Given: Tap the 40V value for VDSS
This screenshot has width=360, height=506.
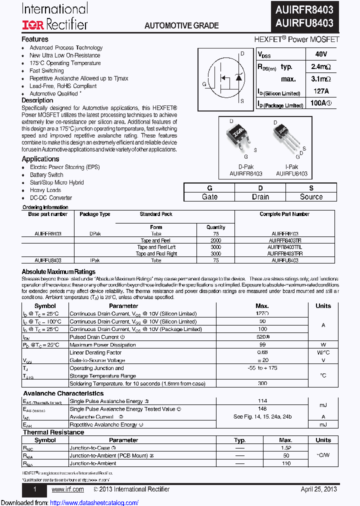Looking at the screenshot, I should click(x=321, y=54).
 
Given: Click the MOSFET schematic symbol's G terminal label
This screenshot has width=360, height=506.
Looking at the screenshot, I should click(x=204, y=84).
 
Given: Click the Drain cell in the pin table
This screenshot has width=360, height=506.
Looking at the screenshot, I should click(x=260, y=197).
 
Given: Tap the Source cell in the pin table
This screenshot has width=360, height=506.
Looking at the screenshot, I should click(x=311, y=197).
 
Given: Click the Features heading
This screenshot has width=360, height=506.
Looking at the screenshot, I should click(x=35, y=39).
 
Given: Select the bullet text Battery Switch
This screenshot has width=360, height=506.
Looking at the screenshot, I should click(x=46, y=175).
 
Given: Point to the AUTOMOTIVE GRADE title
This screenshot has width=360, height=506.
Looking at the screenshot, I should click(x=181, y=25).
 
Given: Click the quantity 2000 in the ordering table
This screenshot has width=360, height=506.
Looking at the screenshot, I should click(x=216, y=240).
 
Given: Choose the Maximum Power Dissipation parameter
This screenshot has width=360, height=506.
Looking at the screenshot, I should click(x=102, y=345).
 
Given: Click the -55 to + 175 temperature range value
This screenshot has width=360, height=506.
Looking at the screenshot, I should click(x=262, y=368).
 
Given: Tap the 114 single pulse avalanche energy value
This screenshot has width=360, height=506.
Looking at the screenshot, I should click(x=262, y=401).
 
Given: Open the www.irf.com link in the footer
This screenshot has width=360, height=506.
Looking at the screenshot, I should click(x=67, y=489).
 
